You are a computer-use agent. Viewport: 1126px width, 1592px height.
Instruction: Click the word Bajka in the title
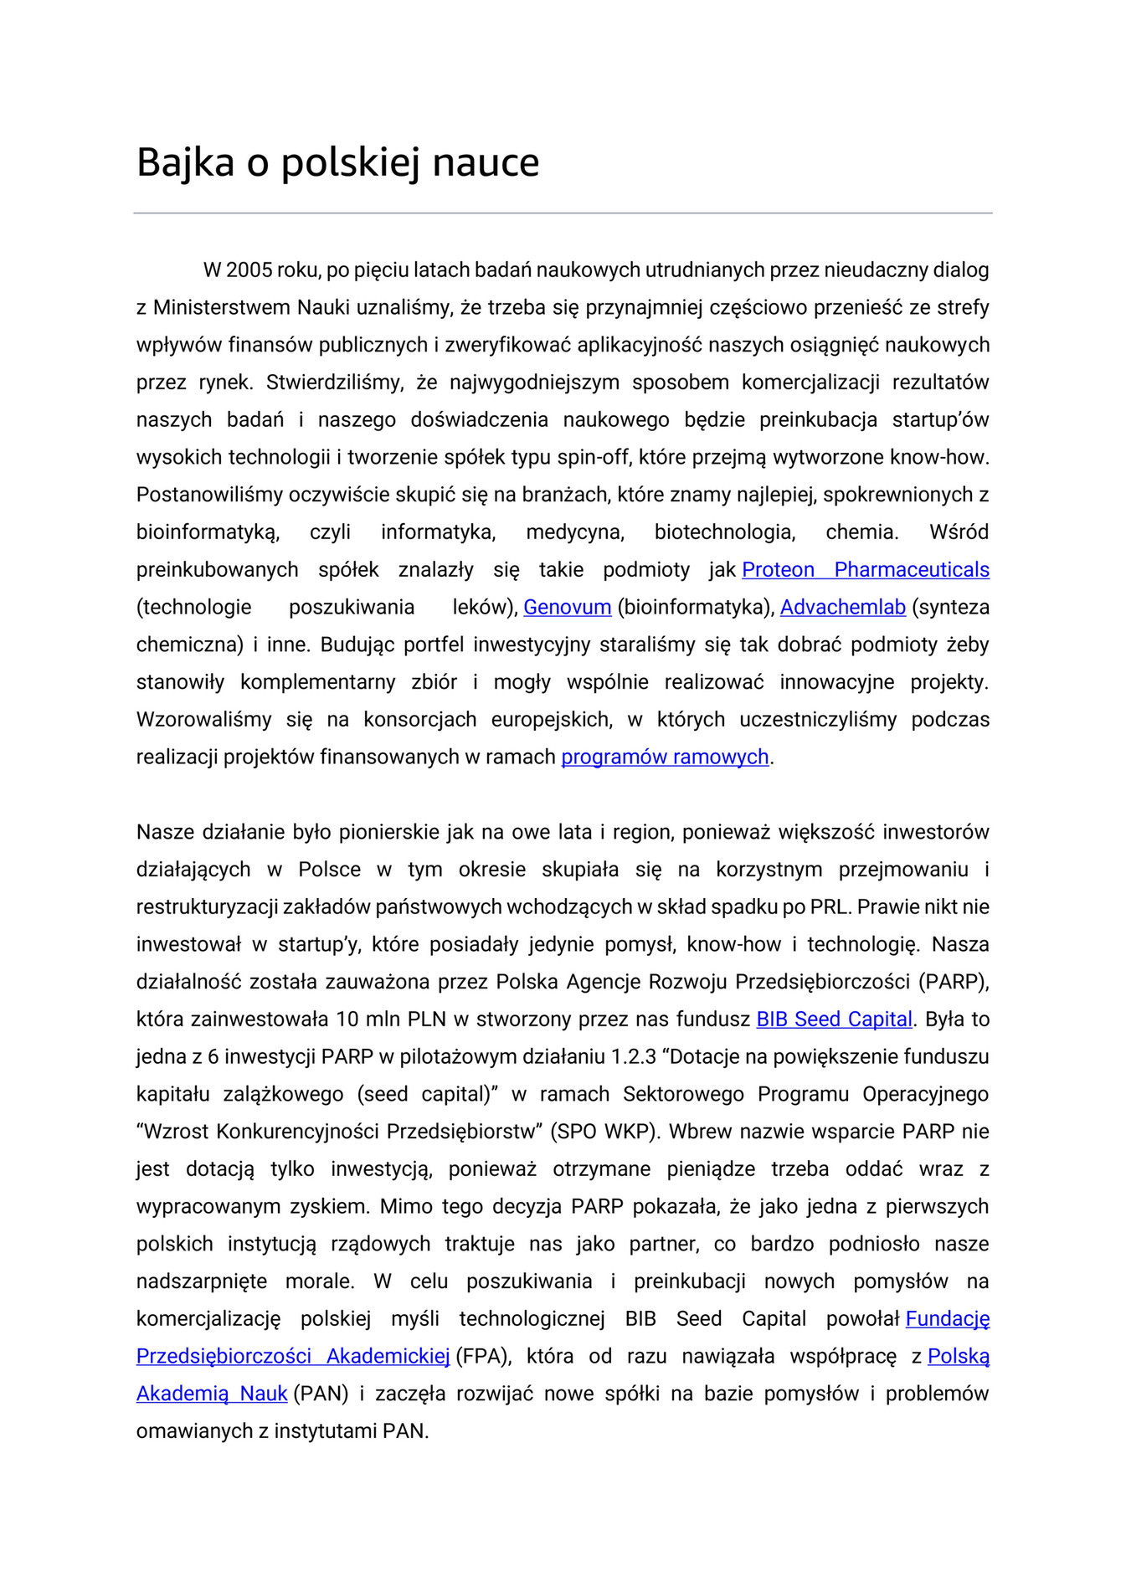pyautogui.click(x=185, y=162)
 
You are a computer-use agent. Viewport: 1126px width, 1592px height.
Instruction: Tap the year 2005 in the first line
pyautogui.click(x=249, y=270)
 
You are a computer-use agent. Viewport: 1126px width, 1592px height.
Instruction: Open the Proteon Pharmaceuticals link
pyautogui.click(x=865, y=570)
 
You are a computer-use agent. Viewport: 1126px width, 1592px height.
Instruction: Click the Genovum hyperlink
pyautogui.click(x=567, y=608)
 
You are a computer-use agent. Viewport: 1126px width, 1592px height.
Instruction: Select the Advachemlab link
pyautogui.click(x=842, y=608)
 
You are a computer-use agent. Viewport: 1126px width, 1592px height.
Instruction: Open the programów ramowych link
pyautogui.click(x=665, y=757)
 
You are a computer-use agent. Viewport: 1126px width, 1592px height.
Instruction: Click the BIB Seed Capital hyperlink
pyautogui.click(x=834, y=1019)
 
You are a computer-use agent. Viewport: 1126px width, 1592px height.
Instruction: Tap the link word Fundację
pyautogui.click(x=947, y=1319)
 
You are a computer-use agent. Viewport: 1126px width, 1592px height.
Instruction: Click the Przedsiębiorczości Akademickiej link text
pyautogui.click(x=293, y=1357)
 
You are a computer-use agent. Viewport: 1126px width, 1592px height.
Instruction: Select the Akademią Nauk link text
pyautogui.click(x=212, y=1394)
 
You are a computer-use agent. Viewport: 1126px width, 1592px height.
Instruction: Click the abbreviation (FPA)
pyautogui.click(x=483, y=1357)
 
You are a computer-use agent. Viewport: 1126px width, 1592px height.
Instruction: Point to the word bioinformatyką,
pyautogui.click(x=208, y=532)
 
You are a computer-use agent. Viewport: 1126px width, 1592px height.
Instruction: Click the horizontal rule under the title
pyautogui.click(x=563, y=213)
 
